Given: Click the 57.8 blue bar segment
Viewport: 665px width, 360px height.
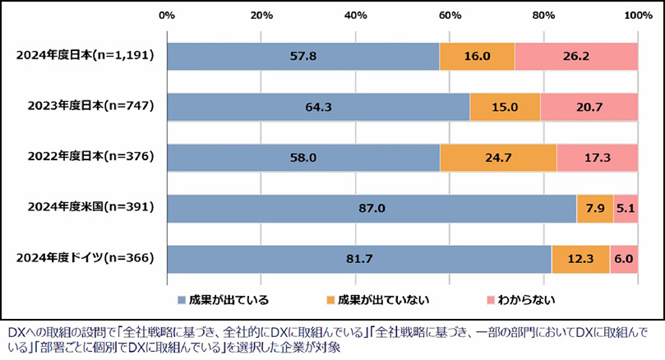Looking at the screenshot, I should tap(303, 56).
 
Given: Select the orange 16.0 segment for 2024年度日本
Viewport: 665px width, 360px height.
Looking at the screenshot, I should tap(477, 56).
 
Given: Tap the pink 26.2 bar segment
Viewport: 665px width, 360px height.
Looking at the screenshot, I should tap(576, 56).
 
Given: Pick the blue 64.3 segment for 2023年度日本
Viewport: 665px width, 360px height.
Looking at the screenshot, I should tap(318, 107).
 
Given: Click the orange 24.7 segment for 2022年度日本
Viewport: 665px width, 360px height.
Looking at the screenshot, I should tap(498, 157).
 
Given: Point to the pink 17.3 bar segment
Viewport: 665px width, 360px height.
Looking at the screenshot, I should tap(598, 157).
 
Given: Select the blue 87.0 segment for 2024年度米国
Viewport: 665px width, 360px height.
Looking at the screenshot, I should tap(372, 208).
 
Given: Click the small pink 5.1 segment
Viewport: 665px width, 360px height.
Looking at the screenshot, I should tap(626, 208).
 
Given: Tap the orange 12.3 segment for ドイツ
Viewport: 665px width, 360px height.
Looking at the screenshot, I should tap(580, 259).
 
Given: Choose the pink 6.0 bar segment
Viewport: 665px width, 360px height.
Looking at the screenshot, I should tap(624, 259).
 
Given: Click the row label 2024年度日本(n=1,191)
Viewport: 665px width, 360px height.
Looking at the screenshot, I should tap(85, 56).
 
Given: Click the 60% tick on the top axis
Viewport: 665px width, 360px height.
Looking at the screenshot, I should tap(450, 16).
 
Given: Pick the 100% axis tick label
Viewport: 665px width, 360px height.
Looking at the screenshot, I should tap(638, 16).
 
